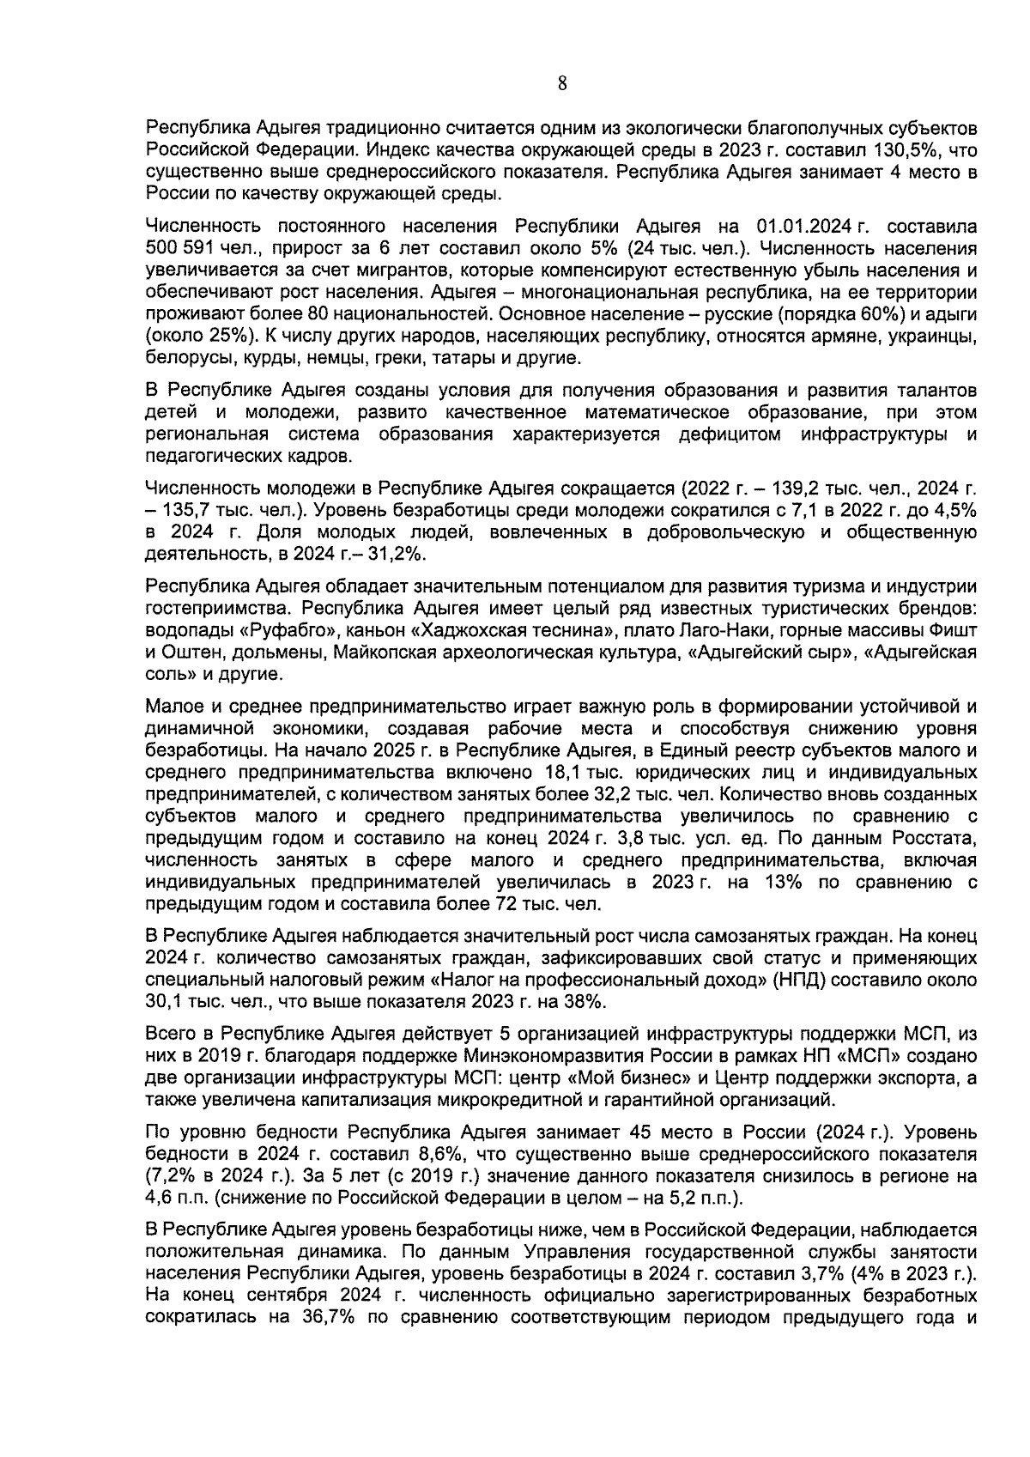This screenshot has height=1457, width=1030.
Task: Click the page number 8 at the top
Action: pyautogui.click(x=562, y=83)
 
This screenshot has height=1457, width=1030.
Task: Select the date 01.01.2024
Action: pyautogui.click(x=805, y=228)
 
